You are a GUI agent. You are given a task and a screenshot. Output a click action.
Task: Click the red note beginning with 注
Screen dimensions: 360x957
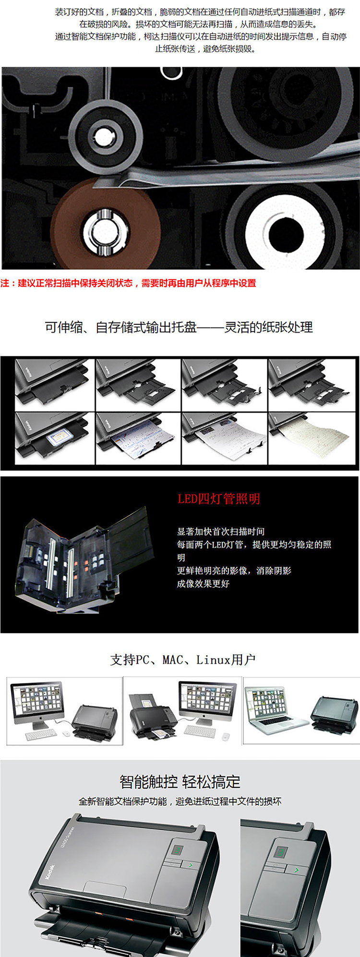pyautogui.click(x=128, y=283)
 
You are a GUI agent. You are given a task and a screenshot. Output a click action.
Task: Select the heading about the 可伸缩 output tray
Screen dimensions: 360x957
pyautogui.click(x=179, y=327)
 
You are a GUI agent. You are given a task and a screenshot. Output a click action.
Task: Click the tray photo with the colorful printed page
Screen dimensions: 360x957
pyautogui.click(x=138, y=438)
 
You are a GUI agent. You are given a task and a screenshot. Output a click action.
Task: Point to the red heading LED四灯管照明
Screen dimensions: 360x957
pyautogui.click(x=219, y=499)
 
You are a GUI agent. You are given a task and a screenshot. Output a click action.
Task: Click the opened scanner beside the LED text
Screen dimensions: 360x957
pyautogui.click(x=84, y=559)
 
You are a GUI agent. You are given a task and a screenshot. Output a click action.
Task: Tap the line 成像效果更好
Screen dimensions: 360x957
pyautogui.click(x=203, y=584)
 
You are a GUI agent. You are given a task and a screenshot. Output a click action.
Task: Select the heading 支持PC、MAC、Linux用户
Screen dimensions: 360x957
pyautogui.click(x=183, y=660)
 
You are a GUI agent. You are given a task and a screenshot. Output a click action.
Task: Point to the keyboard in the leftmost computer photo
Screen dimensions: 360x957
pyautogui.click(x=41, y=735)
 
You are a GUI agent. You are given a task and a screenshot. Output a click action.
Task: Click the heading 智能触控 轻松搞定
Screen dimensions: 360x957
pyautogui.click(x=180, y=782)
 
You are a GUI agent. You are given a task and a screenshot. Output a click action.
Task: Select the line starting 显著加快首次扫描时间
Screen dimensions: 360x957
pyautogui.click(x=221, y=531)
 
